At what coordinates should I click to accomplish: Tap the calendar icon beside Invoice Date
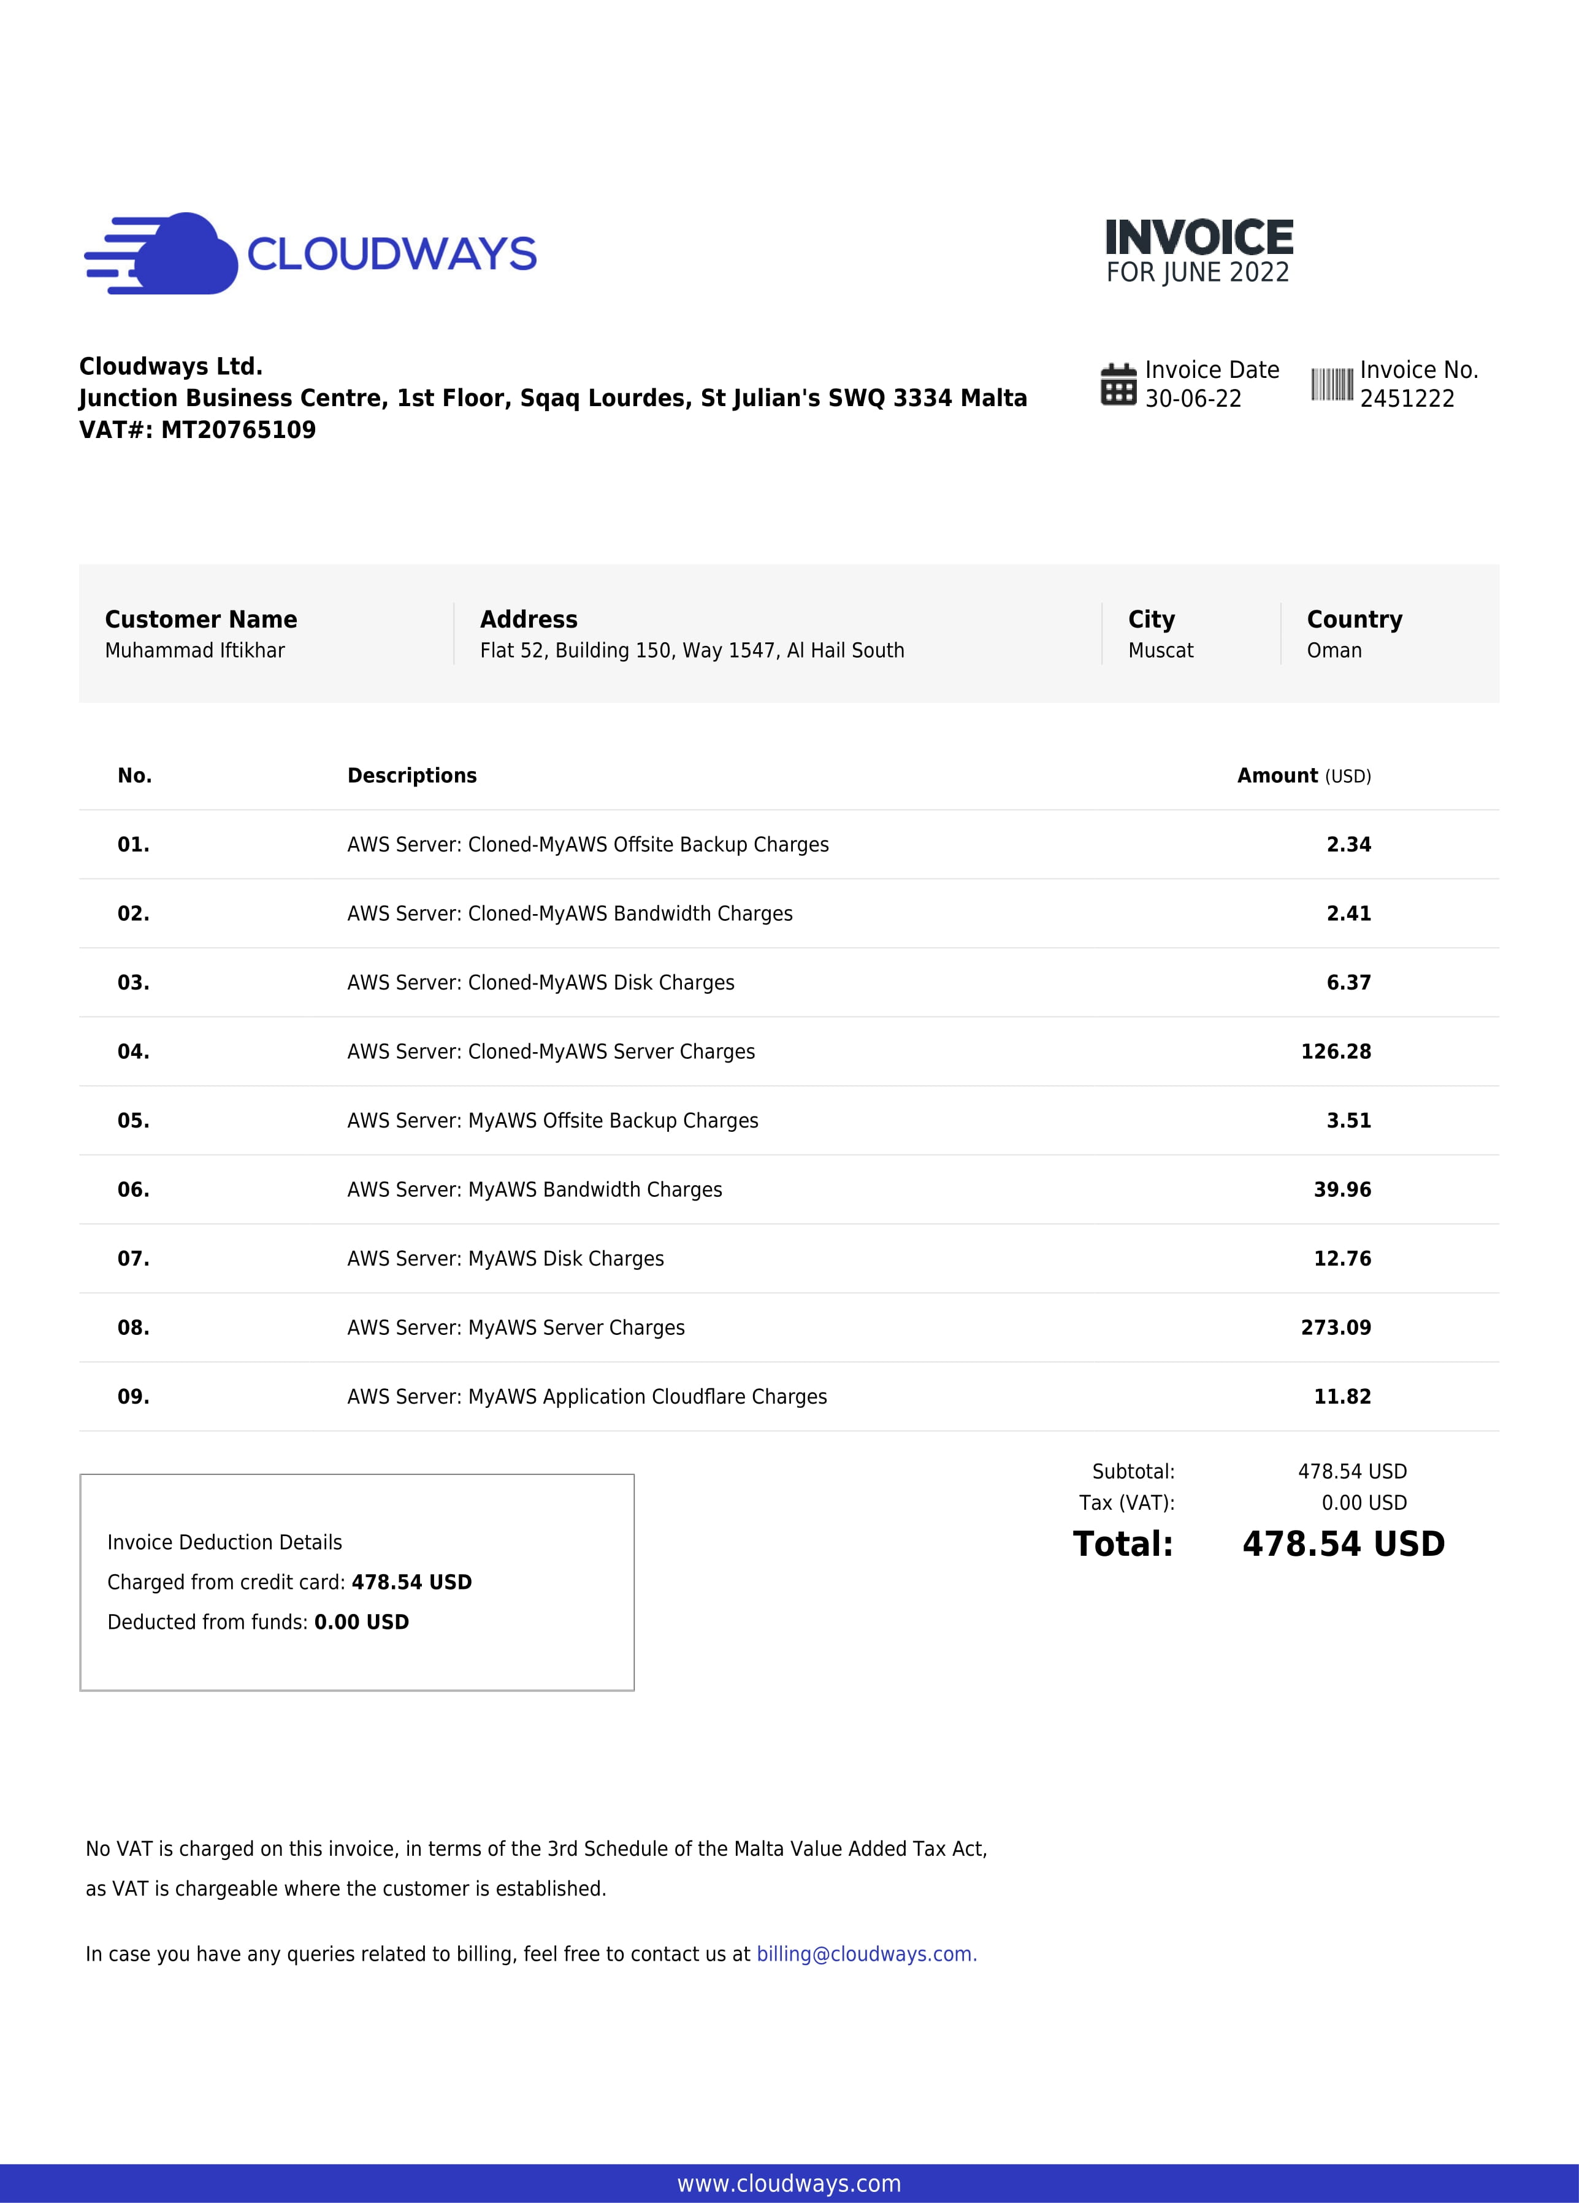click(1118, 385)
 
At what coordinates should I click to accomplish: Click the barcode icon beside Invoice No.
click(1331, 385)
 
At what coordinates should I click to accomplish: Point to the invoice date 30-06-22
click(1193, 399)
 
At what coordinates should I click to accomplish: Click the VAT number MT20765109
click(238, 430)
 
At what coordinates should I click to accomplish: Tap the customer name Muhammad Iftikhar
click(194, 651)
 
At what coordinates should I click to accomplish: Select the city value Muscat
click(1160, 651)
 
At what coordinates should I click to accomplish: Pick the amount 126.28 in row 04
click(1336, 1052)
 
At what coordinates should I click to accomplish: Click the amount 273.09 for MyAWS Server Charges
click(1336, 1328)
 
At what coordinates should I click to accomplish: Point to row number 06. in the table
click(133, 1190)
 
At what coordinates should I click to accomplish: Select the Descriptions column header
click(411, 776)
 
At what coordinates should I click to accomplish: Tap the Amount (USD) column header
click(1303, 776)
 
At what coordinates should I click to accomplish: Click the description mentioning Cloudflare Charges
click(587, 1397)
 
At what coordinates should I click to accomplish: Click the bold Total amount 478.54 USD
click(1343, 1545)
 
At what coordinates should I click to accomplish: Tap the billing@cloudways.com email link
click(866, 1955)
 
